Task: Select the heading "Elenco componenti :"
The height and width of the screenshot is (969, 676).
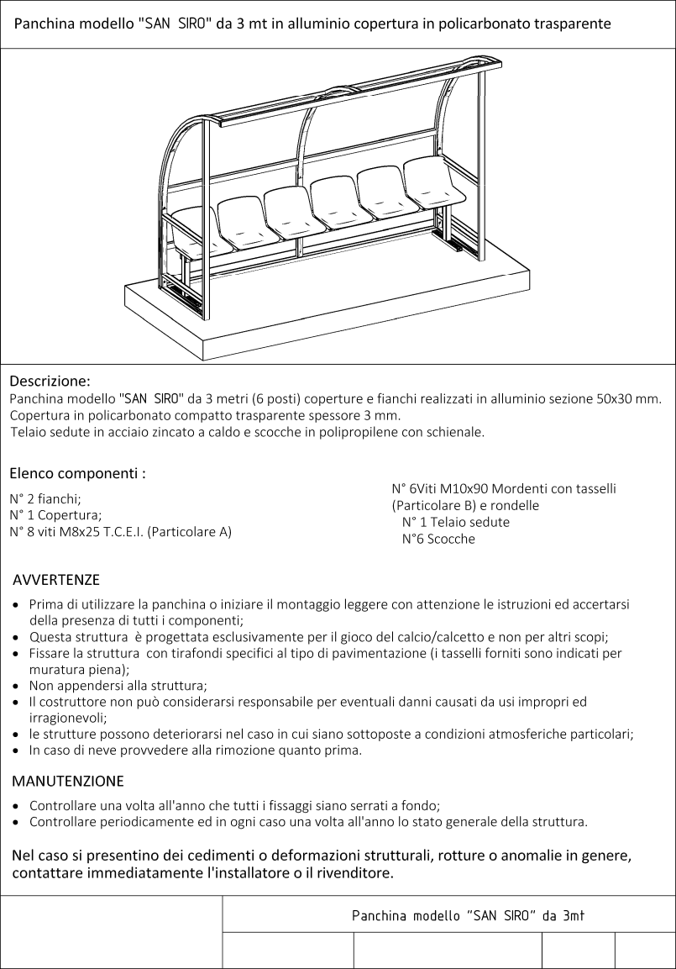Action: (77, 473)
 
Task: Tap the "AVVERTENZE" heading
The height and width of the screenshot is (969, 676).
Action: (56, 580)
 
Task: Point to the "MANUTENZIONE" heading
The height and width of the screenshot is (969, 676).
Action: (68, 781)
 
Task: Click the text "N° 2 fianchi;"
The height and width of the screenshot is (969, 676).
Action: (45, 498)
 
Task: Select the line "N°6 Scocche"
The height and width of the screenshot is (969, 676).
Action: (438, 539)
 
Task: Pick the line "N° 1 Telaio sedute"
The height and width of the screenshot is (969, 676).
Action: (455, 522)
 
